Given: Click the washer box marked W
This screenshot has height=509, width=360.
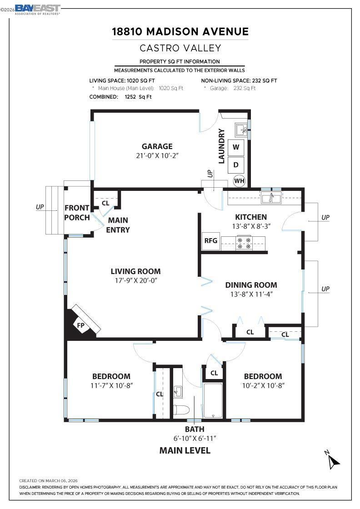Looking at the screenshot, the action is click(236, 147).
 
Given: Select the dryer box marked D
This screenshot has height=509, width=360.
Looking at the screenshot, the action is click(236, 165).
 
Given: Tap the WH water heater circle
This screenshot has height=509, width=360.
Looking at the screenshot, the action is click(239, 181).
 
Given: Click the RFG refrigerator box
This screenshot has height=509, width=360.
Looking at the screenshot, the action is click(210, 241).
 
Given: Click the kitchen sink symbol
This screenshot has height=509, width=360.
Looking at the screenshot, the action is click(271, 197).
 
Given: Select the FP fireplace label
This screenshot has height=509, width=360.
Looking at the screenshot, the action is click(80, 325).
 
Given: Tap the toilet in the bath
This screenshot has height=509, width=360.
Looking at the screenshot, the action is click(181, 410).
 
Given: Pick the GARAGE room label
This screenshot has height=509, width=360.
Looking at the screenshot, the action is click(157, 146).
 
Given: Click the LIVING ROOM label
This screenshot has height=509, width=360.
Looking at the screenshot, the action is click(136, 271).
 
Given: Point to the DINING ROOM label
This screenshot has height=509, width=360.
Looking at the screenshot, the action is click(251, 285).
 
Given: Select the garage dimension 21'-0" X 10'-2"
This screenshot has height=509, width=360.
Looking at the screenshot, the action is click(157, 155).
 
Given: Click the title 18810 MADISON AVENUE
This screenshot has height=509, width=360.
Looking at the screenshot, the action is click(180, 31).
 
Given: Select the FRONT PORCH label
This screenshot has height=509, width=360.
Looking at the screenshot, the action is click(77, 213).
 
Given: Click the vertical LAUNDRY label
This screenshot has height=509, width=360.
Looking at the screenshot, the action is click(221, 146).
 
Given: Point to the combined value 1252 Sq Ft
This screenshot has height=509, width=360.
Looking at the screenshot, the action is click(138, 97).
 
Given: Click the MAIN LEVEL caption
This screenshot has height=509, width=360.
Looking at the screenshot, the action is click(185, 450).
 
